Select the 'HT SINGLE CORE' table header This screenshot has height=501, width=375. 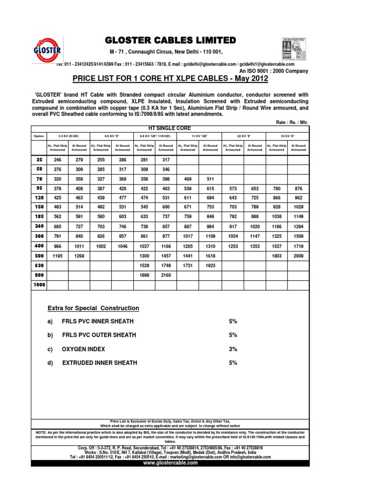click(x=170, y=127)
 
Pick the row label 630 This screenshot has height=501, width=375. click(x=39, y=265)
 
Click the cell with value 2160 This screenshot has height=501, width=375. click(x=166, y=275)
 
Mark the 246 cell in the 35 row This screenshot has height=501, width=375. click(x=58, y=159)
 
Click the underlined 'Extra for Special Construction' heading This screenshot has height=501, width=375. click(x=93, y=308)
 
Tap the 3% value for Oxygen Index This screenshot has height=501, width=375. click(x=233, y=349)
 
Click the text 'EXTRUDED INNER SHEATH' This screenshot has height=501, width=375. click(x=100, y=363)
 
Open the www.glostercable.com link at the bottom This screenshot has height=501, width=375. click(x=170, y=463)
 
